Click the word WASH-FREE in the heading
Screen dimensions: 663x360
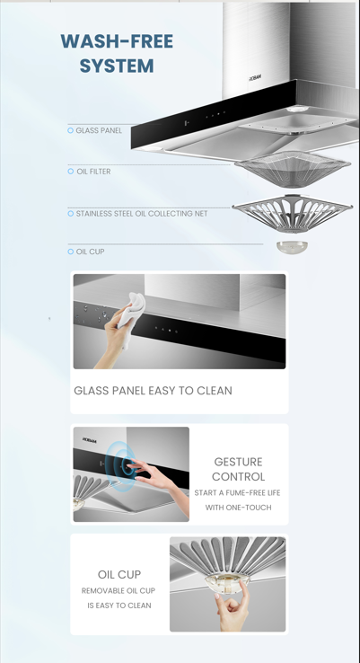117,41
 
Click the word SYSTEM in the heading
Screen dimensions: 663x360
117,66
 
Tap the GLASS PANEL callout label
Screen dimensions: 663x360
99,131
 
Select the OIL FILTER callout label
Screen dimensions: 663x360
93,172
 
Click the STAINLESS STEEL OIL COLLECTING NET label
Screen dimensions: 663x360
141,214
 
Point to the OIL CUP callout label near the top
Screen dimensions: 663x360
90,252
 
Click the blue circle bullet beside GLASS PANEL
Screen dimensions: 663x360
71,131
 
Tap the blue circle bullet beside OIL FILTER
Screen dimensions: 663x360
71,172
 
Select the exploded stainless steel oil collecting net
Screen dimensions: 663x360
292,216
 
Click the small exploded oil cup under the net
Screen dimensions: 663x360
290,247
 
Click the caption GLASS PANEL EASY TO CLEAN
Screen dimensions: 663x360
153,391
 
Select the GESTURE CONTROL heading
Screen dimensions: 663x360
238,469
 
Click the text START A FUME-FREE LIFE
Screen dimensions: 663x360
237,493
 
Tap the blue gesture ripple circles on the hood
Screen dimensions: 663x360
120,465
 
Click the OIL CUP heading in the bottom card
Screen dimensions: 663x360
119,574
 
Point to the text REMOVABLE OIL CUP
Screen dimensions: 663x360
119,591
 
